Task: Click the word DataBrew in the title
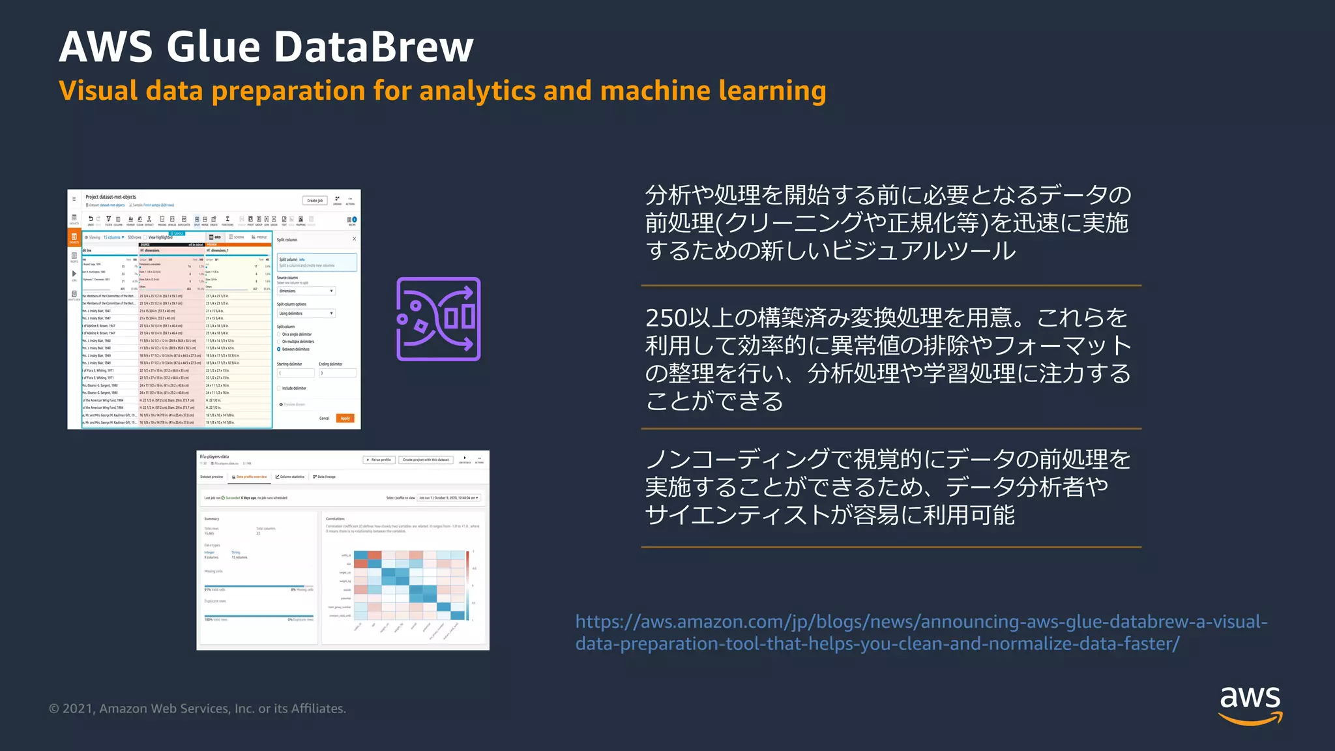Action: [373, 47]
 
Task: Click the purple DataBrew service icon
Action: [438, 319]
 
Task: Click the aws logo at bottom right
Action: [1250, 704]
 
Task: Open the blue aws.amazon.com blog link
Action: [920, 632]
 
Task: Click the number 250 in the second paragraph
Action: [666, 318]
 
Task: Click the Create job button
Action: [315, 200]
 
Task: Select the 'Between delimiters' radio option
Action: [279, 349]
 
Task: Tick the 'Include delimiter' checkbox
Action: [279, 389]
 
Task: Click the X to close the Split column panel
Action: [354, 239]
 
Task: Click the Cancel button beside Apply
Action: [324, 419]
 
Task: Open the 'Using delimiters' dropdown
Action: [306, 314]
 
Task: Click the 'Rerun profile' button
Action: [379, 460]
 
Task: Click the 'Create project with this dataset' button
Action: [425, 460]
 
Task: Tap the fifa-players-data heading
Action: [214, 456]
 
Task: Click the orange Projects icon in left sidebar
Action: [74, 237]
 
